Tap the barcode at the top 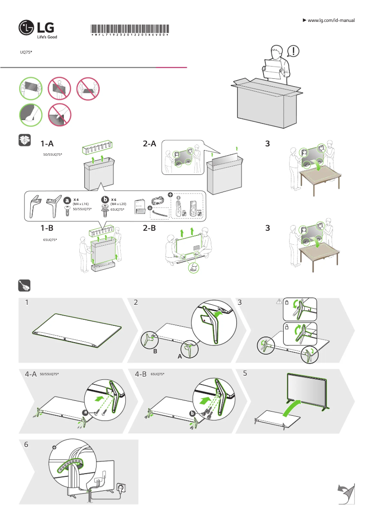[130, 28]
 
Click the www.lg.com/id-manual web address [331, 21]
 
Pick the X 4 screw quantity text [76, 199]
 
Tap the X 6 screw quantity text [114, 199]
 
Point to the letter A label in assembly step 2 [180, 356]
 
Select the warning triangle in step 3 [279, 302]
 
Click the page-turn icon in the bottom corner [346, 494]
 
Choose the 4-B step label [141, 374]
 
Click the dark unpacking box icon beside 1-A [25, 140]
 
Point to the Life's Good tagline [47, 37]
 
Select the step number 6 [27, 445]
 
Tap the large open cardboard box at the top [266, 105]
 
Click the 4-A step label [31, 374]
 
